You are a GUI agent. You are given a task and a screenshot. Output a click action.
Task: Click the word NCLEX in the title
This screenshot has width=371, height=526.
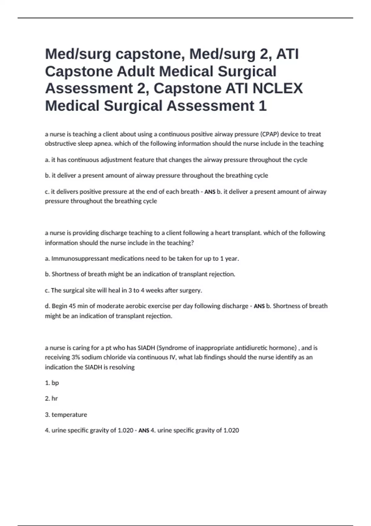(x=278, y=88)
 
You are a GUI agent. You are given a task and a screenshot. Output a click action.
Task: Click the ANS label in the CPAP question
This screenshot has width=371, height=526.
(x=210, y=192)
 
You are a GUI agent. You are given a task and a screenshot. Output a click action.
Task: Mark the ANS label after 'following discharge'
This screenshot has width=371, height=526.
(x=259, y=306)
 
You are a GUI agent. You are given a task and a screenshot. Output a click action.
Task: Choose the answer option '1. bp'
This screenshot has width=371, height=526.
(x=52, y=383)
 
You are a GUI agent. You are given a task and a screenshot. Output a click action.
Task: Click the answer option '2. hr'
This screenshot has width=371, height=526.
(x=51, y=399)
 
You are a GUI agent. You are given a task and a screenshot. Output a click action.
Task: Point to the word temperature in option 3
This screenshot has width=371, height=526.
(x=69, y=415)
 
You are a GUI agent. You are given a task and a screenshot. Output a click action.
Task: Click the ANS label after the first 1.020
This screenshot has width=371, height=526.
(x=144, y=430)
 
